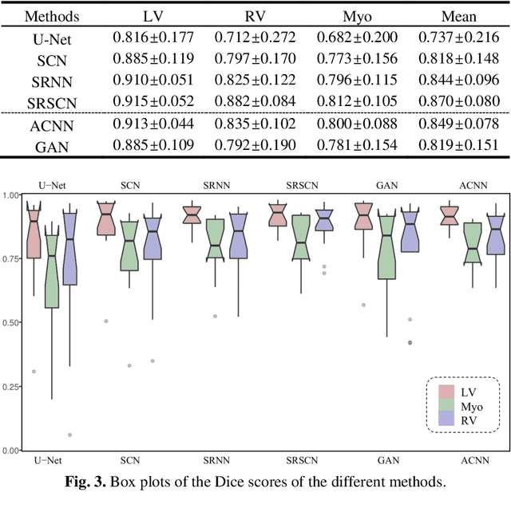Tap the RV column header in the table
click(255, 16)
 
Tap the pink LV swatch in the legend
click(446, 391)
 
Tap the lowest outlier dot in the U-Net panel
click(70, 435)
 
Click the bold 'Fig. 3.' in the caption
click(87, 482)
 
